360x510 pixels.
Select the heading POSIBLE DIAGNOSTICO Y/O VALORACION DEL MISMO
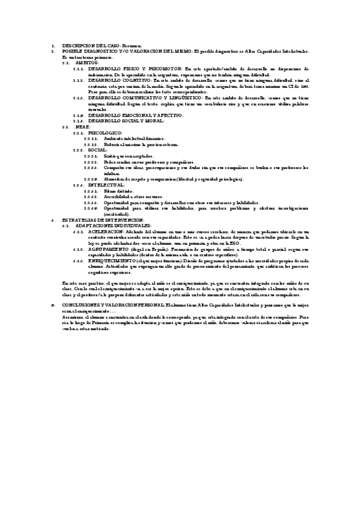click(x=120, y=52)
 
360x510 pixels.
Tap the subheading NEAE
click(x=82, y=127)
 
